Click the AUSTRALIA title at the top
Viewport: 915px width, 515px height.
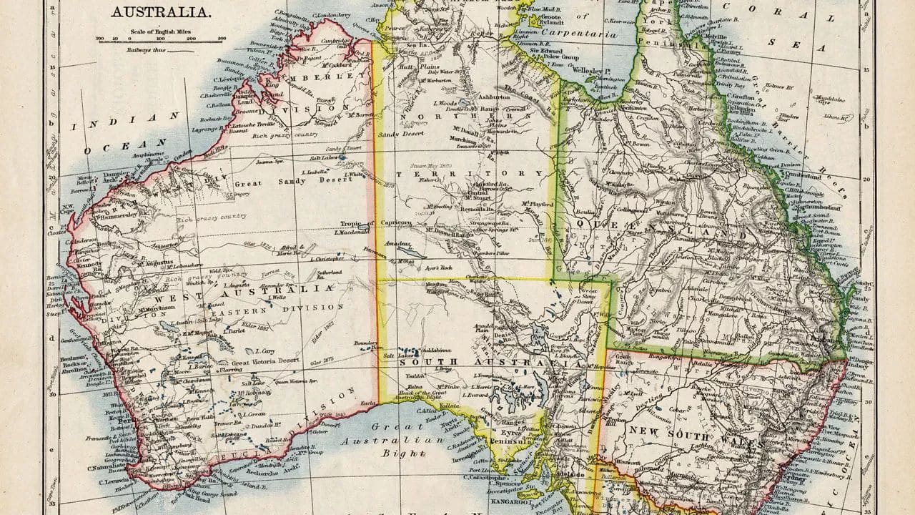click(x=161, y=12)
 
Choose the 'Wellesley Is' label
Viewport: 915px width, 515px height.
click(x=590, y=72)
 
